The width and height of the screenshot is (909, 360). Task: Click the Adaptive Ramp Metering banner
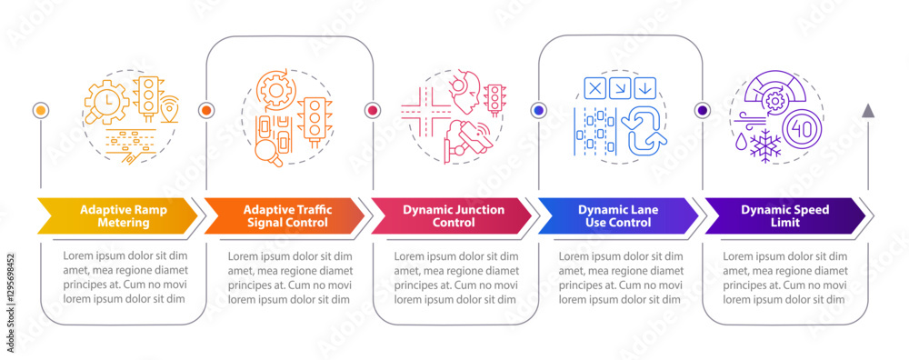[115, 215]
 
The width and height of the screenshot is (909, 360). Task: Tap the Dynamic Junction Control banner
[452, 215]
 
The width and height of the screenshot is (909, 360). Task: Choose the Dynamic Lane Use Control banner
[618, 215]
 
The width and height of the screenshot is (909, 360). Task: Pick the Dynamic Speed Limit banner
[784, 215]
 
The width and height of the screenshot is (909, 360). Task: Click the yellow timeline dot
[39, 110]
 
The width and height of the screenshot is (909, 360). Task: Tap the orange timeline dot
[205, 110]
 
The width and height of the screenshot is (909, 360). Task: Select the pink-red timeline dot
[372, 110]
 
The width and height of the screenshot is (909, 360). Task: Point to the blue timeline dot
[538, 110]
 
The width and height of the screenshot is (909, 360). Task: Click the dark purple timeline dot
[702, 110]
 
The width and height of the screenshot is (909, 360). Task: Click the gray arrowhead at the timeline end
[868, 110]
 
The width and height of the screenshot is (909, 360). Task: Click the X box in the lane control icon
[594, 88]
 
